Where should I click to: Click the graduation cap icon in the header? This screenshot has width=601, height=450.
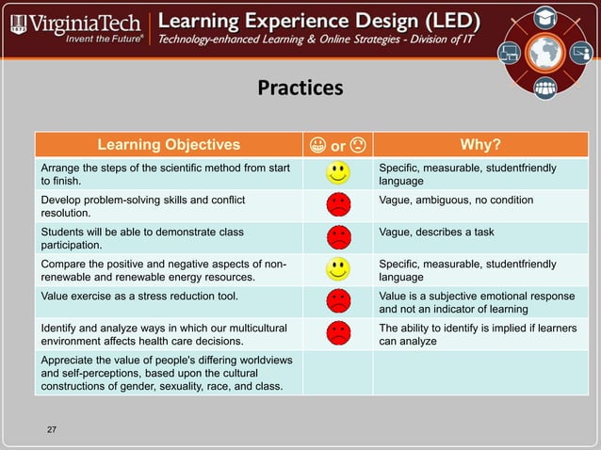pyautogui.click(x=544, y=17)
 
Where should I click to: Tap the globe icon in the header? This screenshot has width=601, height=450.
pyautogui.click(x=544, y=54)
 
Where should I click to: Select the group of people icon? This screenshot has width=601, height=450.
pyautogui.click(x=544, y=88)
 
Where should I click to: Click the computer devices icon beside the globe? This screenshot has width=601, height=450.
pyautogui.click(x=510, y=54)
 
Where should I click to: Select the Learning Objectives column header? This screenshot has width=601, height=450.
pyautogui.click(x=169, y=144)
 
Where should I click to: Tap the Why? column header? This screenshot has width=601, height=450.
pyautogui.click(x=479, y=144)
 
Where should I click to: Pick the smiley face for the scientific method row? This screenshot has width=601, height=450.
pyautogui.click(x=338, y=173)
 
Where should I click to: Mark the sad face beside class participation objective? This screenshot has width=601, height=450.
pyautogui.click(x=338, y=237)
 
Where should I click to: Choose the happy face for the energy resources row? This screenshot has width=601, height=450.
pyautogui.click(x=338, y=269)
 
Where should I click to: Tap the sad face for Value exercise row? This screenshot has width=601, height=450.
pyautogui.click(x=338, y=301)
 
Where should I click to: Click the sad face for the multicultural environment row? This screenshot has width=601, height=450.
pyautogui.click(x=338, y=333)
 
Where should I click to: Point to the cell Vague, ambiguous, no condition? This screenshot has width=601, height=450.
pyautogui.click(x=456, y=200)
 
